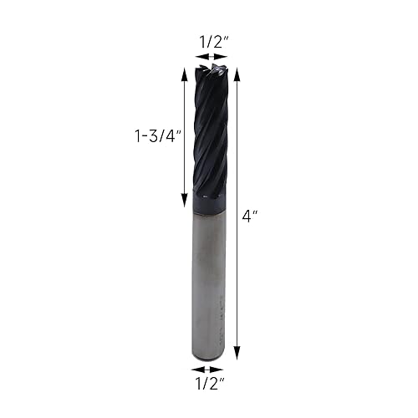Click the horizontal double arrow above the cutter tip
209,57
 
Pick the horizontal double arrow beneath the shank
207,369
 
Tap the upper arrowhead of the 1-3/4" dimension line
183,70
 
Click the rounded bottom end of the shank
209,354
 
